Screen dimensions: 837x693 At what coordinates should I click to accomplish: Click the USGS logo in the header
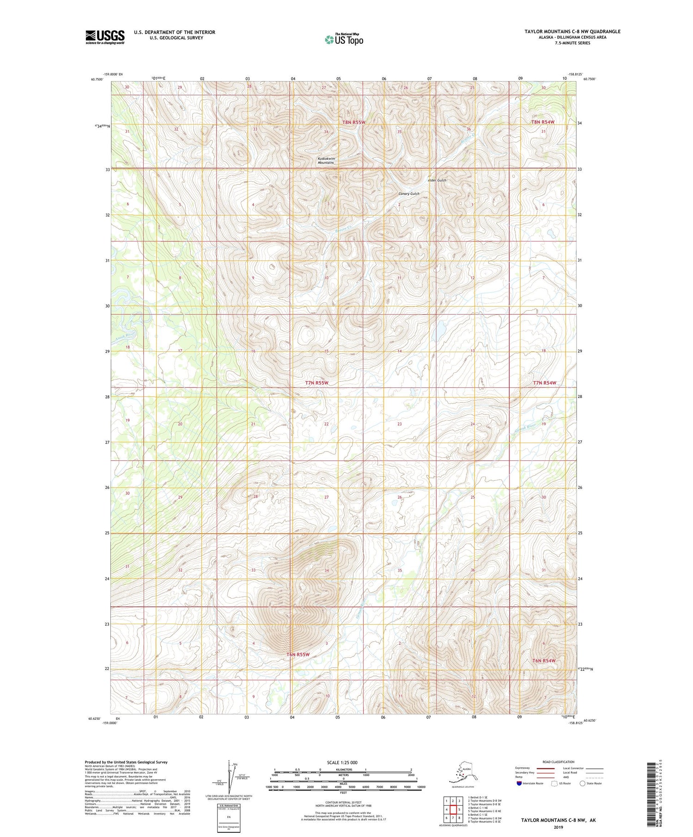105,37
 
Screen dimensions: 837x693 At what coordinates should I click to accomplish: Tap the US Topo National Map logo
344,39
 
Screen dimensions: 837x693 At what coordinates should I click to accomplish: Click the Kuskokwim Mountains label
326,161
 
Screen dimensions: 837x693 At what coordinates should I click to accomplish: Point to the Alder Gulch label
437,180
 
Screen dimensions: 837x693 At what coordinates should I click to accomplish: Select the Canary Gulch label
409,193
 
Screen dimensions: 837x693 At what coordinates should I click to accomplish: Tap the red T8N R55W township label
354,122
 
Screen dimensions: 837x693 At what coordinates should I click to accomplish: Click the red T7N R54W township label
545,383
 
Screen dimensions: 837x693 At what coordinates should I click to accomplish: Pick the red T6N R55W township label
298,654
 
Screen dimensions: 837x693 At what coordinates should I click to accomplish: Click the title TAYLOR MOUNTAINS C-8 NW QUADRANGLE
572,31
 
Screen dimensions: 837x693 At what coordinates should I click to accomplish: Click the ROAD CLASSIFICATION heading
558,762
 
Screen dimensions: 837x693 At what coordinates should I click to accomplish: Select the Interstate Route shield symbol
519,783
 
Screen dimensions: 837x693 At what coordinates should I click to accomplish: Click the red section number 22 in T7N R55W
326,424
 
